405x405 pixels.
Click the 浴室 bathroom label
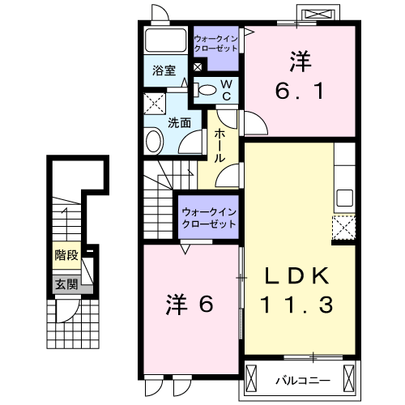click(164, 70)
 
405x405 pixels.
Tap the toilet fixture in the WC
click(206, 89)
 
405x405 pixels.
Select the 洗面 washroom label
click(179, 123)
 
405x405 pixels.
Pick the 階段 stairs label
click(66, 254)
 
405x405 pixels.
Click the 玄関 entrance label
click(66, 283)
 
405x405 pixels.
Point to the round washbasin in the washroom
click(153, 142)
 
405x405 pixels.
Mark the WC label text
click(227, 89)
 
